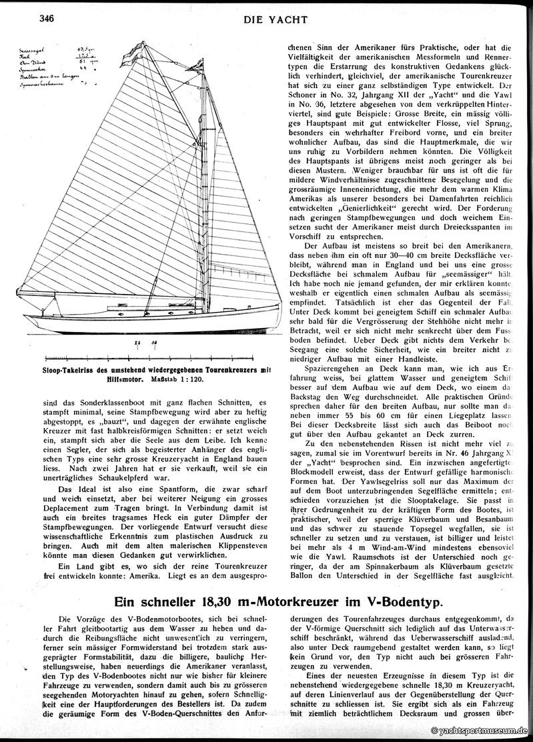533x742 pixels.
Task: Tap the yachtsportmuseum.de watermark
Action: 478,731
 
